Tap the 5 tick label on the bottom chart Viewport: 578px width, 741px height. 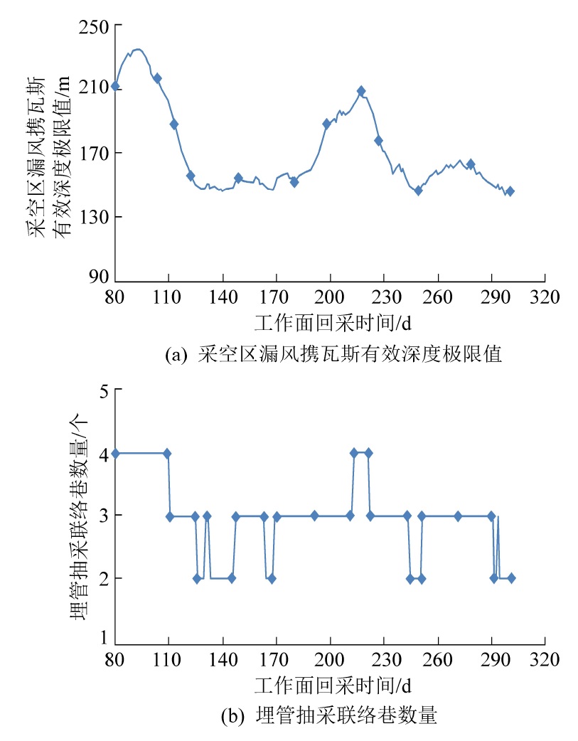pos(104,390)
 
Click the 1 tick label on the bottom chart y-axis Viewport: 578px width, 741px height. pos(104,638)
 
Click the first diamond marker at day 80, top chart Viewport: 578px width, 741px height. pos(115,86)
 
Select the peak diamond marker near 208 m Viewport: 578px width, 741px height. pos(361,91)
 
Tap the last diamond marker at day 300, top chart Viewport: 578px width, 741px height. pos(510,191)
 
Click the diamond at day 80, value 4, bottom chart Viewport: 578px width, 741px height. pos(115,453)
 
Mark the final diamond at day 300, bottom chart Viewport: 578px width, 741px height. pos(511,578)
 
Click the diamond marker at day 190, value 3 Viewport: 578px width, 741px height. pos(314,516)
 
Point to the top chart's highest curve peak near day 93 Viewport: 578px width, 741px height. pos(138,49)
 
